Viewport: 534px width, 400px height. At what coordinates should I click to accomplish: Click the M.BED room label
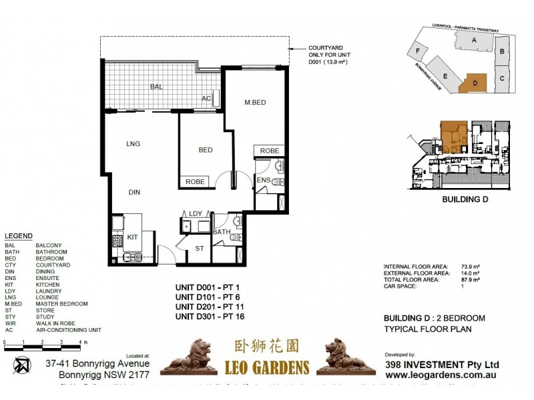[256, 101]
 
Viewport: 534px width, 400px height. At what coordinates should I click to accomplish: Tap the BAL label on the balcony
[156, 87]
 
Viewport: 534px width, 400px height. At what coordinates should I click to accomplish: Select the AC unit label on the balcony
[207, 99]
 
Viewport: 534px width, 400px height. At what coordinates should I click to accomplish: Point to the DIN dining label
[134, 192]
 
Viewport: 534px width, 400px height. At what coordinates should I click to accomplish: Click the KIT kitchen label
[132, 237]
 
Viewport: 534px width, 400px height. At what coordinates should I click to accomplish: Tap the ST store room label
[198, 249]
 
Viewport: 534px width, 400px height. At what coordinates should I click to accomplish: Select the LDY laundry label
[196, 213]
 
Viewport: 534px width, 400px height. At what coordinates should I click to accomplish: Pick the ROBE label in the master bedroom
[270, 151]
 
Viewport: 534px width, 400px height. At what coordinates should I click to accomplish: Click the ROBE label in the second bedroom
[195, 181]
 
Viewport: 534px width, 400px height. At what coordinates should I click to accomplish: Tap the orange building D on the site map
[475, 83]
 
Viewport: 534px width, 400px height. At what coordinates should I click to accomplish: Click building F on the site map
[419, 51]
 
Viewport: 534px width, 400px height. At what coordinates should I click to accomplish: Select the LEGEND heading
[18, 237]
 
